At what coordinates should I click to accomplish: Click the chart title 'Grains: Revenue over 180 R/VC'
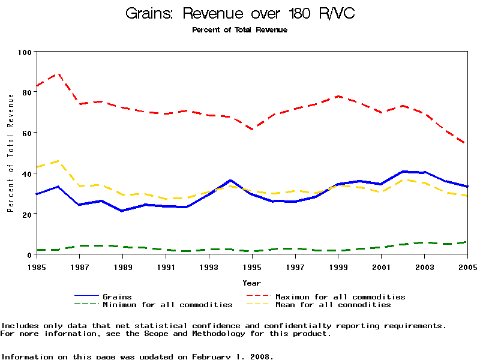click(x=240, y=14)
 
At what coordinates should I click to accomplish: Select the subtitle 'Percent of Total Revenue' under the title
click(x=240, y=30)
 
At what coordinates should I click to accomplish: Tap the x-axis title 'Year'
click(x=252, y=283)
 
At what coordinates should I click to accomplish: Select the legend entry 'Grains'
click(x=117, y=296)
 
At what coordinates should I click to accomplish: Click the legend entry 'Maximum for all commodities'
click(x=340, y=296)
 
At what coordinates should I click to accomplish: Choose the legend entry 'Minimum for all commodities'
click(x=167, y=305)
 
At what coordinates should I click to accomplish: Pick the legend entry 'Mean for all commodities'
click(x=333, y=305)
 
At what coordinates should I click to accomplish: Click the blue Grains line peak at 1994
click(x=230, y=180)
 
